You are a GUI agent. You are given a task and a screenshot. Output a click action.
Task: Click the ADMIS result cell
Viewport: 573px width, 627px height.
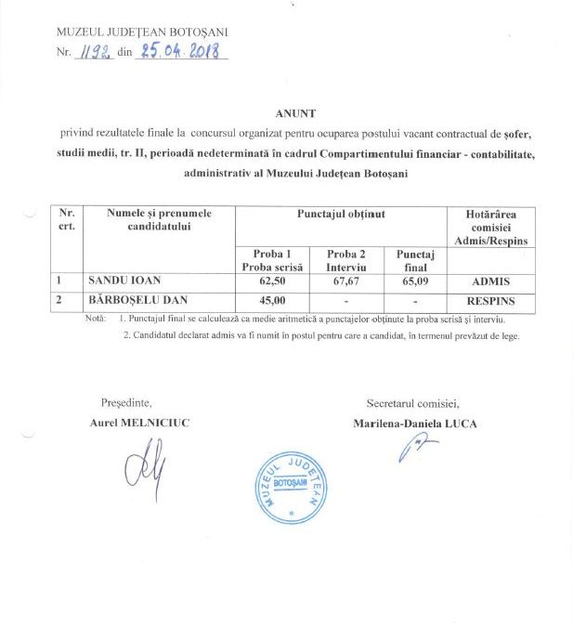coord(489,281)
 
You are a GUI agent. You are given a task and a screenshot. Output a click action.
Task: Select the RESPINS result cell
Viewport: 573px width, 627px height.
coord(489,301)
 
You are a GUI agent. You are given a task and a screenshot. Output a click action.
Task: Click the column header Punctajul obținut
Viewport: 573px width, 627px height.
coord(341,215)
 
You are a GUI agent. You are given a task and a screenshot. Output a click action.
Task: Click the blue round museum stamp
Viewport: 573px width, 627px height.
coord(290,484)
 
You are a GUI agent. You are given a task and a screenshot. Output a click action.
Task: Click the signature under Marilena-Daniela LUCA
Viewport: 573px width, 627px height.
coord(410,450)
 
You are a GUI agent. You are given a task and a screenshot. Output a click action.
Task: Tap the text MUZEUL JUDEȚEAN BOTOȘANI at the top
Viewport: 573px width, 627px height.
coord(142,33)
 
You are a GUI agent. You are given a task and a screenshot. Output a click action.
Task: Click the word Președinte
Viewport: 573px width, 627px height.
coord(124,403)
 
